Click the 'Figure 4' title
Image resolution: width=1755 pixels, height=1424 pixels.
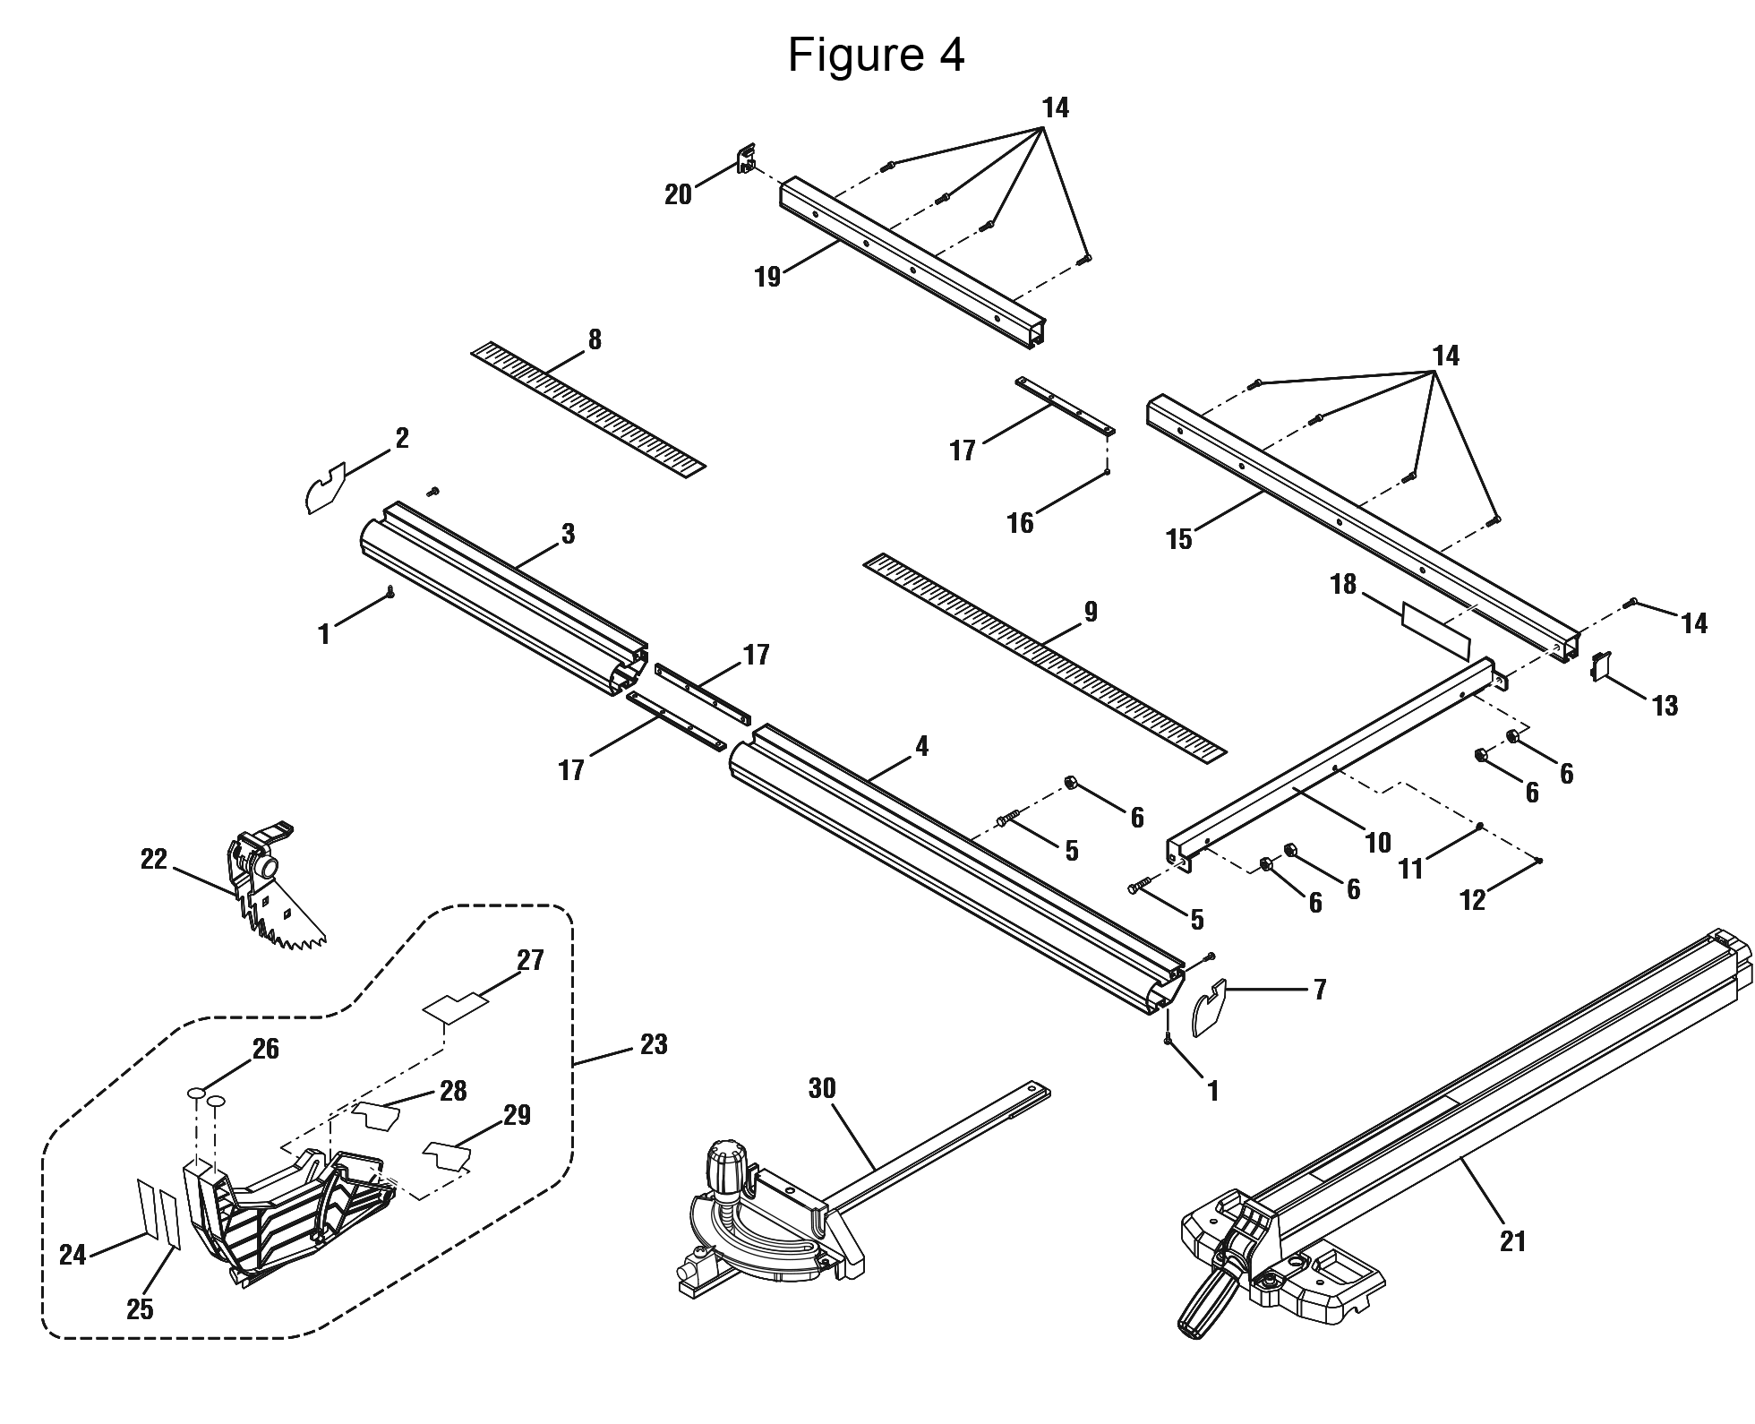[x=876, y=56]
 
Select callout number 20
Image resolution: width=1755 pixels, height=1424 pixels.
[x=678, y=194]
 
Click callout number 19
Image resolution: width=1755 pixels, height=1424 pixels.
[x=767, y=277]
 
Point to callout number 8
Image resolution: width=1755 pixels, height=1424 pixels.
[x=595, y=340]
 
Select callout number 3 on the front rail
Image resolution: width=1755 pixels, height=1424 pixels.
[x=568, y=535]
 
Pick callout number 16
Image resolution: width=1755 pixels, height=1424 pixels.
[x=1020, y=523]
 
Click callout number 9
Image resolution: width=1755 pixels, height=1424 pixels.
[x=1090, y=612]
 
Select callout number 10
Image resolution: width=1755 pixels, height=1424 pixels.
[x=1377, y=842]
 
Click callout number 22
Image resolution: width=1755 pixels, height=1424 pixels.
[x=154, y=859]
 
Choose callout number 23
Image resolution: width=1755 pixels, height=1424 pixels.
[x=654, y=1044]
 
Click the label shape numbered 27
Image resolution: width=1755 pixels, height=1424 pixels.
[x=456, y=1004]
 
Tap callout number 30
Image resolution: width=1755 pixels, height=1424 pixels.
[x=821, y=1088]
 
